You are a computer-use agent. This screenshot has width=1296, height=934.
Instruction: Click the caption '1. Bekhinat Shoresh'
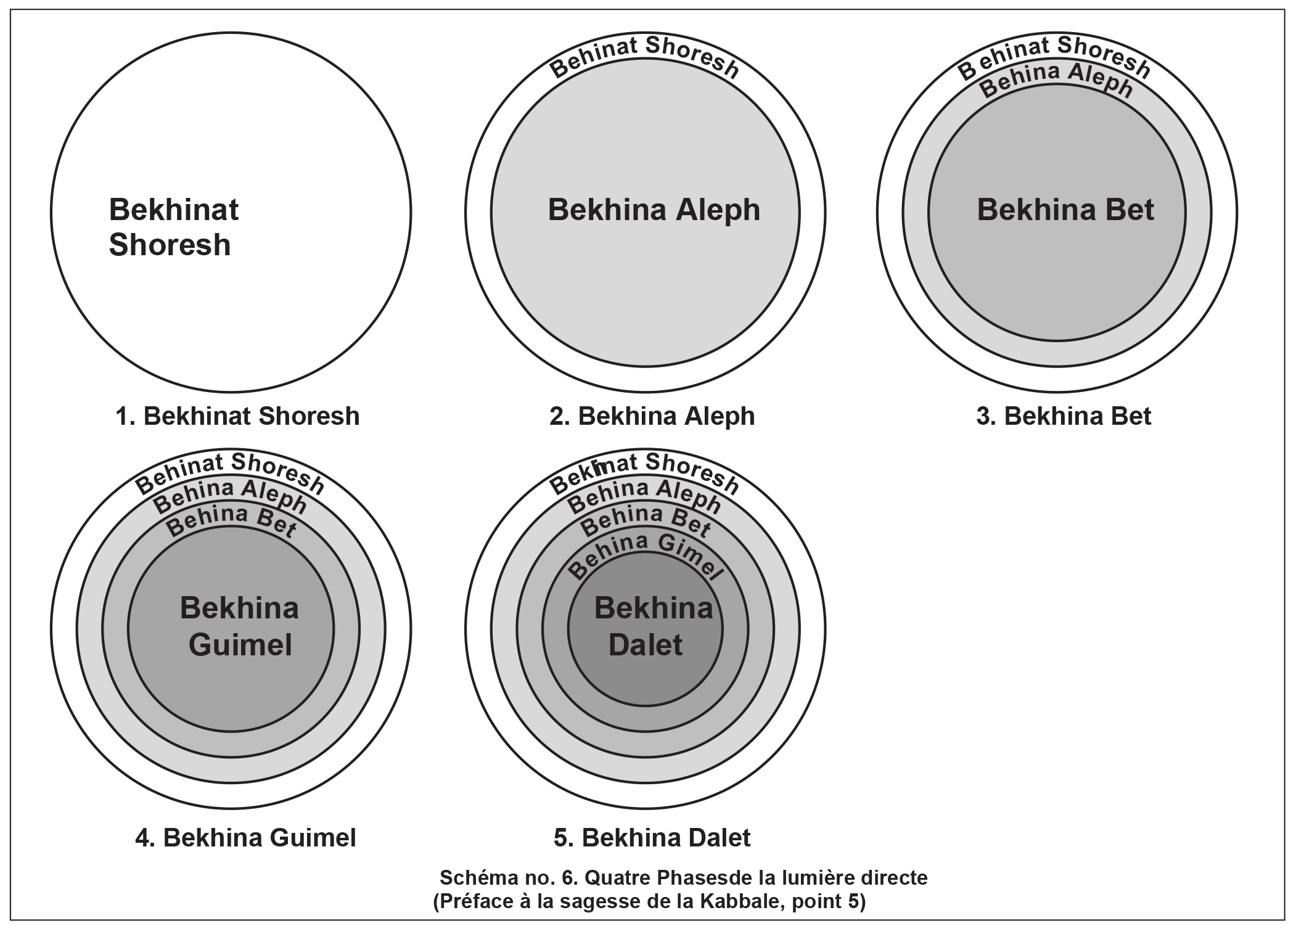pyautogui.click(x=237, y=416)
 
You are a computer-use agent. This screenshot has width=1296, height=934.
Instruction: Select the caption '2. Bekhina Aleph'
pyautogui.click(x=652, y=416)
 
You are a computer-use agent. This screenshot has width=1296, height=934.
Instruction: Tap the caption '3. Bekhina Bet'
pyautogui.click(x=1064, y=416)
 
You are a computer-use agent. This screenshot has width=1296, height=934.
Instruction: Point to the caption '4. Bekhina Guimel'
pyautogui.click(x=245, y=838)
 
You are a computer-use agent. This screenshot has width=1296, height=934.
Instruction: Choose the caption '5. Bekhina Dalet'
pyautogui.click(x=652, y=838)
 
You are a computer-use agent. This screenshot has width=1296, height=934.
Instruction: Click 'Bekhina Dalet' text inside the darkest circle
pyautogui.click(x=652, y=626)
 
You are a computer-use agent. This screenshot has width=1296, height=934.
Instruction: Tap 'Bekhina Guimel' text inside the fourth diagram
pyautogui.click(x=239, y=626)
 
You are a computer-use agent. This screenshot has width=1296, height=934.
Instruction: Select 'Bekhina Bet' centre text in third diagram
pyautogui.click(x=1065, y=210)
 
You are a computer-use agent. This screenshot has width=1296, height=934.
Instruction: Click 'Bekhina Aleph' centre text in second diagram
pyautogui.click(x=654, y=210)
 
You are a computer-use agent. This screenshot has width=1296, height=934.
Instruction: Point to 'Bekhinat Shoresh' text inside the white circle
pyautogui.click(x=173, y=227)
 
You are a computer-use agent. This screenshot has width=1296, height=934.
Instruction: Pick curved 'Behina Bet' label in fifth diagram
pyautogui.click(x=645, y=519)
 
